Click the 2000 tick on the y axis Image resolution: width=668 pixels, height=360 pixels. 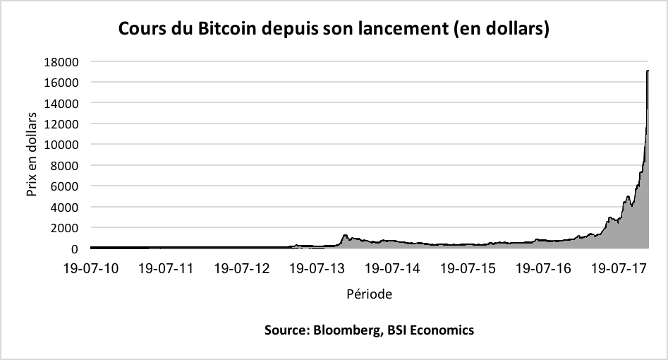[x=65, y=228]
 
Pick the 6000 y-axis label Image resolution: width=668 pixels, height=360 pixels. [x=65, y=186]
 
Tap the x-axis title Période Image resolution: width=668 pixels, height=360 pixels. [x=369, y=292]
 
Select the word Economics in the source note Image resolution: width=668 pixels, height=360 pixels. [x=443, y=330]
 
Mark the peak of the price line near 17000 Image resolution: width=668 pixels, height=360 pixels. [x=648, y=71]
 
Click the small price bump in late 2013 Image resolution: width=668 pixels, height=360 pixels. [x=345, y=236]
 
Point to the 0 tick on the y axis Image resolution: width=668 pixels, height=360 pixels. [x=73, y=248]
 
